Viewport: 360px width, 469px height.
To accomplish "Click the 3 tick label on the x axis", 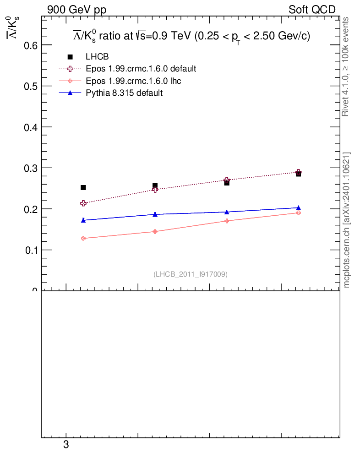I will [x=66, y=445].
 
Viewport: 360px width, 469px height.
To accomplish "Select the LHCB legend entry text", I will [x=97, y=57].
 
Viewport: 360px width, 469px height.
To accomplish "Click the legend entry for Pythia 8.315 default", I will [x=124, y=93].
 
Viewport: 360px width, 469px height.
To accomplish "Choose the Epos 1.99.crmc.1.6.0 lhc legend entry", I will [x=136, y=81].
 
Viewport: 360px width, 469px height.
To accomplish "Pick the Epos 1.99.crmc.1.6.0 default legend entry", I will [x=141, y=69].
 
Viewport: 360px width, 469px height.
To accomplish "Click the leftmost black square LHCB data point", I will [x=83, y=187].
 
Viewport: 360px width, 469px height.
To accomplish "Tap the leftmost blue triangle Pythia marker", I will [x=83, y=220].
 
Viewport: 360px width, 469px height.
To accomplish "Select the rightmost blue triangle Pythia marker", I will [x=298, y=207].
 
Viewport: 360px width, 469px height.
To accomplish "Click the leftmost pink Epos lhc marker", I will [x=83, y=238].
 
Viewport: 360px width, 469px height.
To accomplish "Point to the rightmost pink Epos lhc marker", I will [x=298, y=213].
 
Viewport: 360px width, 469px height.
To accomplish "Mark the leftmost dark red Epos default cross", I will [x=83, y=203].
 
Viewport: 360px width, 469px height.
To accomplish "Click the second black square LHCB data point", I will [x=155, y=185].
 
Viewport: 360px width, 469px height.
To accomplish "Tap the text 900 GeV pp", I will [x=76, y=10].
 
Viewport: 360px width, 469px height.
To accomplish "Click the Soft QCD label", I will [x=312, y=10].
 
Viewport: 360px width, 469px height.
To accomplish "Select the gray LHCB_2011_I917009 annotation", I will [x=191, y=274].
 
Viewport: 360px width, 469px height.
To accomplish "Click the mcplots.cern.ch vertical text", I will [x=347, y=220].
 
